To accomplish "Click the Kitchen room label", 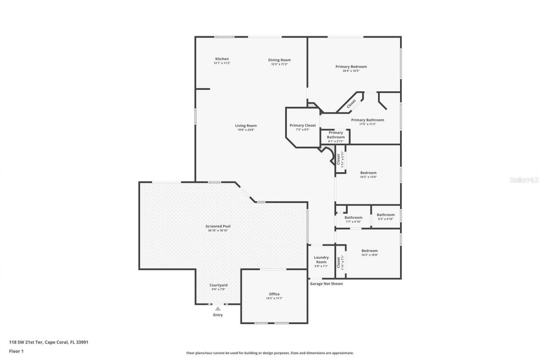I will click(x=222, y=59).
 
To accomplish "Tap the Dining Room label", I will click(x=279, y=60).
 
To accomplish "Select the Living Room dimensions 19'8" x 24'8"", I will click(x=246, y=130).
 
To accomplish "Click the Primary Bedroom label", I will click(x=351, y=67).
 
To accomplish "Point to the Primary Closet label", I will click(x=302, y=125).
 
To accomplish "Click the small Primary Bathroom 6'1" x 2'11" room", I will click(x=336, y=137).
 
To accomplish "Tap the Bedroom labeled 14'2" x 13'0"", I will click(x=368, y=175).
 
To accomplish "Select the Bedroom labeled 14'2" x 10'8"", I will click(x=370, y=252).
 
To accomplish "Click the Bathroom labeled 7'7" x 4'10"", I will click(x=353, y=219).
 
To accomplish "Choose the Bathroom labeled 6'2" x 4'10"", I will click(x=386, y=217).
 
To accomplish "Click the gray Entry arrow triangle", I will click(x=218, y=309).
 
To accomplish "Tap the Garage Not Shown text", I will click(x=326, y=284).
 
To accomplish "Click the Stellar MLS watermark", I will click(x=524, y=180).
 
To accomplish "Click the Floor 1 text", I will click(x=16, y=351).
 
